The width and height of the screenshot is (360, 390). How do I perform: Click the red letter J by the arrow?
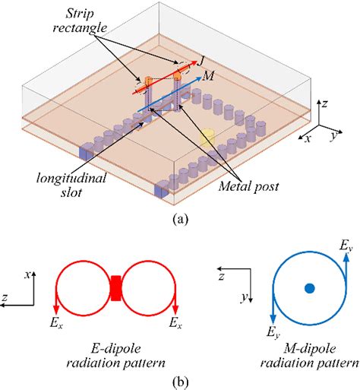click(202, 56)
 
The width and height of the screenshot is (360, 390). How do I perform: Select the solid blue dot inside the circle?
click(309, 288)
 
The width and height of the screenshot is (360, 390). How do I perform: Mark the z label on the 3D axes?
click(324, 101)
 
